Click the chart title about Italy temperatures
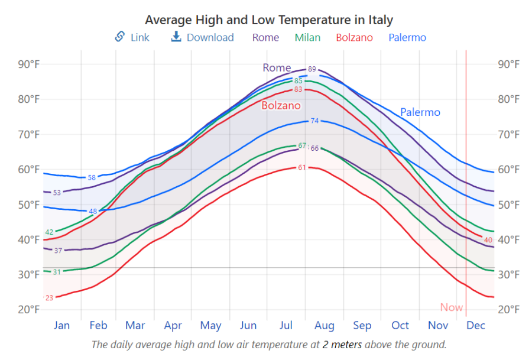pos(269,20)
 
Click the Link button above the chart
pos(132,37)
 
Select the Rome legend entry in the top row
pos(265,38)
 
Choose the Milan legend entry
pos(307,38)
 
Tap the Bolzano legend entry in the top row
pos(354,38)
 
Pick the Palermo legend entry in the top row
pos(407,38)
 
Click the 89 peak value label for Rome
pos(312,69)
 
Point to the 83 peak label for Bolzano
pos(298,90)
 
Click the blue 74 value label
pos(314,121)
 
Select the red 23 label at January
pos(49,298)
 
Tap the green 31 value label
pos(57,272)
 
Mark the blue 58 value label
pos(92,177)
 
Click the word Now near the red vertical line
pos(452,307)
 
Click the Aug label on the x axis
pos(325,326)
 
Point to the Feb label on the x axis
pos(98,326)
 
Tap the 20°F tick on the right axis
pos(509,310)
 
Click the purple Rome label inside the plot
pos(277,68)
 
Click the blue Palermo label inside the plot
pos(420,112)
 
